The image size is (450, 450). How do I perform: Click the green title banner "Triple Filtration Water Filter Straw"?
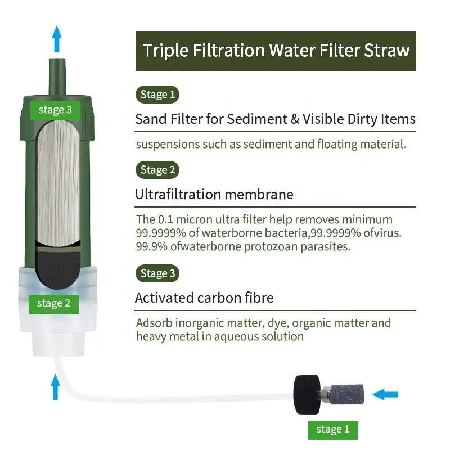tap(276, 51)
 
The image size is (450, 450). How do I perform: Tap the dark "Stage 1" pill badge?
tap(157, 94)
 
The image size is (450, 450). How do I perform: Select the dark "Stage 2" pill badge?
tap(157, 170)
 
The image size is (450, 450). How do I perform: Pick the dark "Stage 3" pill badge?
tap(157, 274)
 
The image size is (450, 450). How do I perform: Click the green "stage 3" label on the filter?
tap(55, 110)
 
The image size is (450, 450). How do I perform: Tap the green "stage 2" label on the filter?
tap(53, 304)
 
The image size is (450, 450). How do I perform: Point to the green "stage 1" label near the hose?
tap(332, 430)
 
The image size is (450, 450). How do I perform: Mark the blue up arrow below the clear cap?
tap(55, 387)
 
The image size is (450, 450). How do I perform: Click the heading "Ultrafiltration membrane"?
tap(214, 195)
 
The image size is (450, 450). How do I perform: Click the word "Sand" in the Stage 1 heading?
tap(148, 119)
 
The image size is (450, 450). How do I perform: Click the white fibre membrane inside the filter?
tap(58, 180)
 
